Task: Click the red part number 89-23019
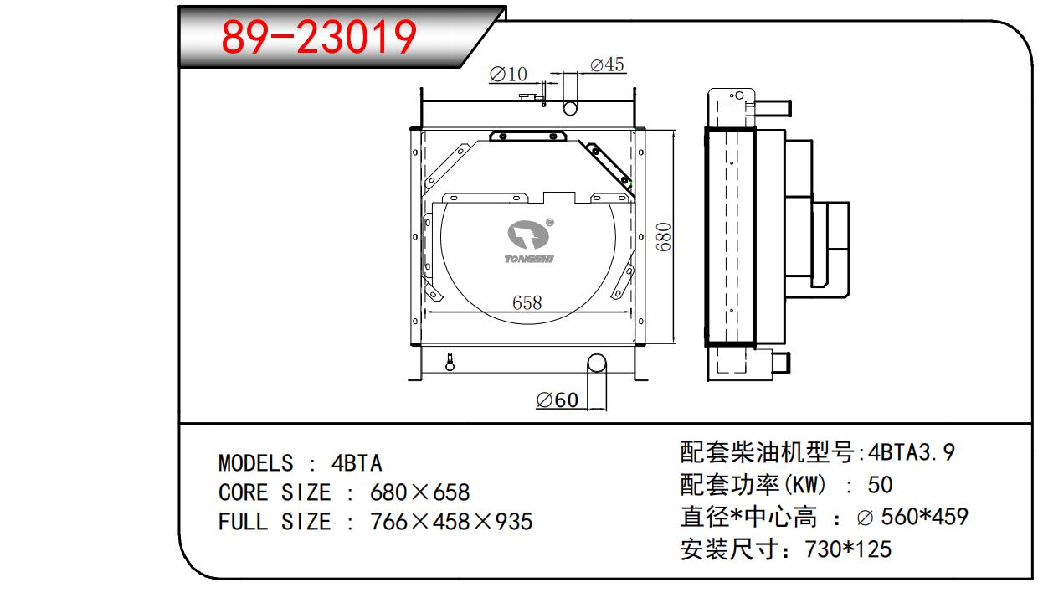pos(319,37)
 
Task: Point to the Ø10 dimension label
pos(508,75)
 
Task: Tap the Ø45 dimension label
pos(607,64)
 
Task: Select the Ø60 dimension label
pos(557,400)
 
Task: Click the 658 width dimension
pos(527,302)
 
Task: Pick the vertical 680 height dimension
pos(664,237)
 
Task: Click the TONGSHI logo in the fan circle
pos(529,241)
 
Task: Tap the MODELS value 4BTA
pos(357,463)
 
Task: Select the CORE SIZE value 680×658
pos(420,492)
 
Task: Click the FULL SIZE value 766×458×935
pos(451,522)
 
